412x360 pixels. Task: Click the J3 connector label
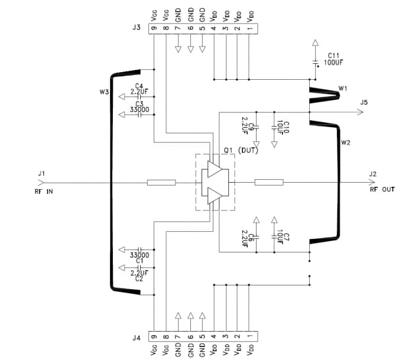tap(137, 28)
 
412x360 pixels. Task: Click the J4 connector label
tap(137, 338)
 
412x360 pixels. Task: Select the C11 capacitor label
tap(333, 55)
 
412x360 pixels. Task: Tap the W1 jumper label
tap(343, 88)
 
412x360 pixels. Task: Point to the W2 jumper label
tap(346, 143)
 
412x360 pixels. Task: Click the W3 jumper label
tap(104, 92)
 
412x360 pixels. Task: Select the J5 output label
tap(364, 102)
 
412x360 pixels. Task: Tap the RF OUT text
tap(382, 190)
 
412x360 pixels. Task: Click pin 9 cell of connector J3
tap(154, 28)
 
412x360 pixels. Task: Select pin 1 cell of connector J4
tap(249, 338)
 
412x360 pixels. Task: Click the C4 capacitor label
tap(139, 86)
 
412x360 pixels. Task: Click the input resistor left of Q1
tap(161, 182)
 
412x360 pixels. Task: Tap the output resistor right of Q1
tap(269, 182)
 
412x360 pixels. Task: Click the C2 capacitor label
tap(139, 278)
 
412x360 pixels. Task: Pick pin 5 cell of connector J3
tap(202, 28)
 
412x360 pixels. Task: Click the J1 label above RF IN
tap(41, 173)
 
